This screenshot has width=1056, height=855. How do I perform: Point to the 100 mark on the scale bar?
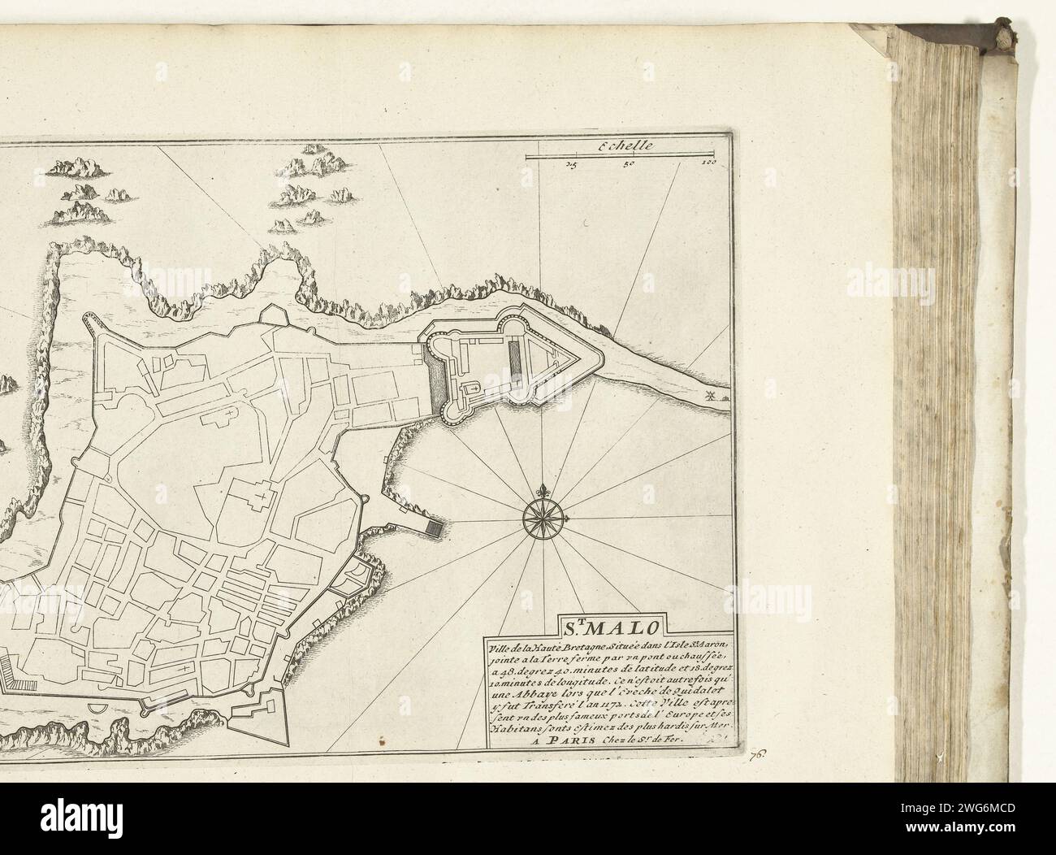708,164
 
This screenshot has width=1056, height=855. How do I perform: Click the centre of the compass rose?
537,513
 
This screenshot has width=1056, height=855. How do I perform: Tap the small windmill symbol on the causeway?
711,397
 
